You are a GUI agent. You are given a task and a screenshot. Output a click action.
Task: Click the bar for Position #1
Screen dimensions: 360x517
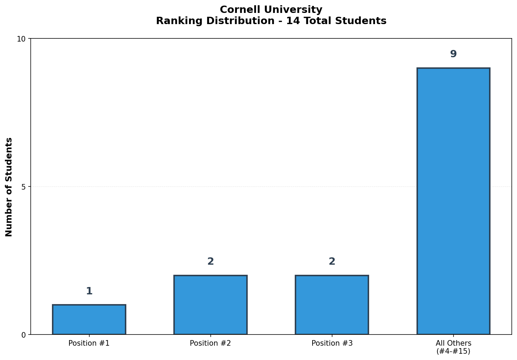pos(89,319)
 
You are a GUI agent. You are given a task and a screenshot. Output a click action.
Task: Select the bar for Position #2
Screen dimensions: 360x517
pos(210,305)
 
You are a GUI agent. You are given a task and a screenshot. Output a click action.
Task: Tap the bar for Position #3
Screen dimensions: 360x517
pos(332,305)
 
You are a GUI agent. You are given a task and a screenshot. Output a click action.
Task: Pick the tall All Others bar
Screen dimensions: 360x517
pos(453,201)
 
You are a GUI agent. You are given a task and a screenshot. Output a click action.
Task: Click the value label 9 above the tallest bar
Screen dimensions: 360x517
pos(453,54)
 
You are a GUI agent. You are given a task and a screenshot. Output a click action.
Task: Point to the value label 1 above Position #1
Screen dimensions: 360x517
pos(89,291)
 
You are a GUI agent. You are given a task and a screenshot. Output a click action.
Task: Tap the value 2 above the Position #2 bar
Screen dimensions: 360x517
pos(210,262)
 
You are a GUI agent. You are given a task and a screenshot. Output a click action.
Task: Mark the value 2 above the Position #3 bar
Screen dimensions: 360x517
pos(332,262)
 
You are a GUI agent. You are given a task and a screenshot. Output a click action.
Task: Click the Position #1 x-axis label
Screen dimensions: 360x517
pos(89,343)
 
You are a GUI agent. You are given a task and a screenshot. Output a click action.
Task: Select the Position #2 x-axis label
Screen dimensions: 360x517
pos(210,343)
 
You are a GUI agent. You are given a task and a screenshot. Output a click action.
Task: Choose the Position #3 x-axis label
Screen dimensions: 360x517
pos(332,343)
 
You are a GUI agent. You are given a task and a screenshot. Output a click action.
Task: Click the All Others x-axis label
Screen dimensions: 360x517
pos(453,343)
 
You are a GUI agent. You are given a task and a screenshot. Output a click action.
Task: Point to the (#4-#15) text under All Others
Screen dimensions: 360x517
pos(453,351)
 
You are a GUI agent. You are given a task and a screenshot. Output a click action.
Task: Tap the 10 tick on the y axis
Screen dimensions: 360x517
pos(21,39)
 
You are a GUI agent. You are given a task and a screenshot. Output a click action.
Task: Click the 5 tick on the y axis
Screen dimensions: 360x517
pos(23,187)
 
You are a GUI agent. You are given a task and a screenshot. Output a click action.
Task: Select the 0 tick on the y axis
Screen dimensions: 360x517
pos(23,335)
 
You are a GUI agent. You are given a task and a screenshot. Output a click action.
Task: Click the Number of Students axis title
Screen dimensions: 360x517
pos(9,187)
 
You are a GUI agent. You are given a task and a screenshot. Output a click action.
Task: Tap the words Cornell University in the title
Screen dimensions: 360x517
pos(271,10)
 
